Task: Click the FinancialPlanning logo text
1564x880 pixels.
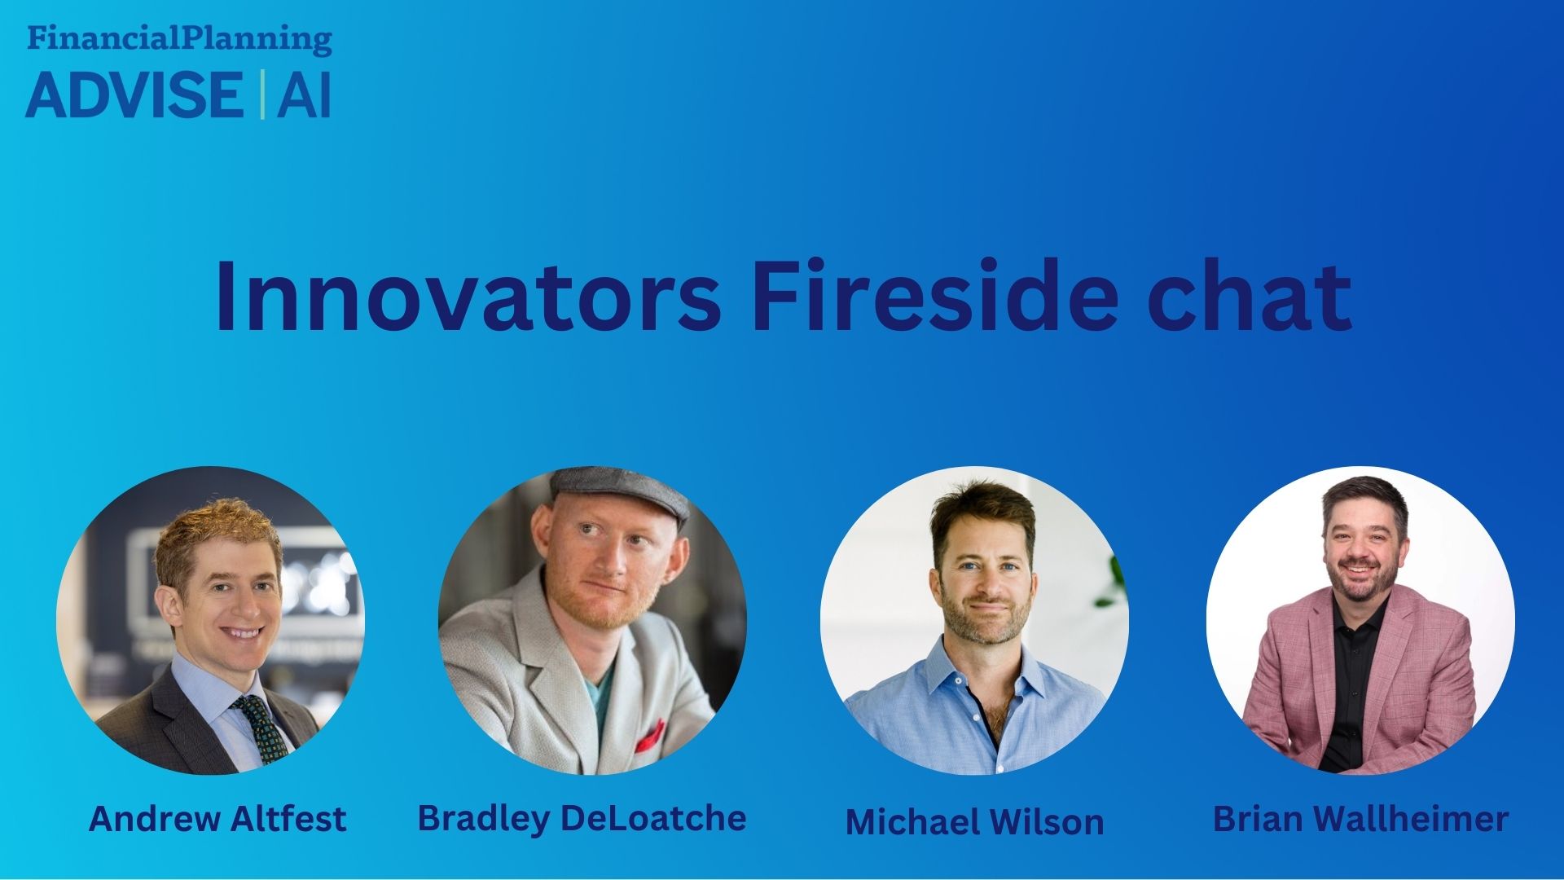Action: [179, 39]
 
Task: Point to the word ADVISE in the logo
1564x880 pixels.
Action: [134, 95]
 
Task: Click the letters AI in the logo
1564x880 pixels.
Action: [304, 95]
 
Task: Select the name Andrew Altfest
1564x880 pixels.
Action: [217, 818]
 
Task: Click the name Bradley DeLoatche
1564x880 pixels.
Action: [582, 818]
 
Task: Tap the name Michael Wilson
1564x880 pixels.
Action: [974, 821]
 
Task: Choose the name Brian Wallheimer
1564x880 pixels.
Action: [1360, 818]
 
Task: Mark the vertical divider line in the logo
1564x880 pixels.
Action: [261, 95]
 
